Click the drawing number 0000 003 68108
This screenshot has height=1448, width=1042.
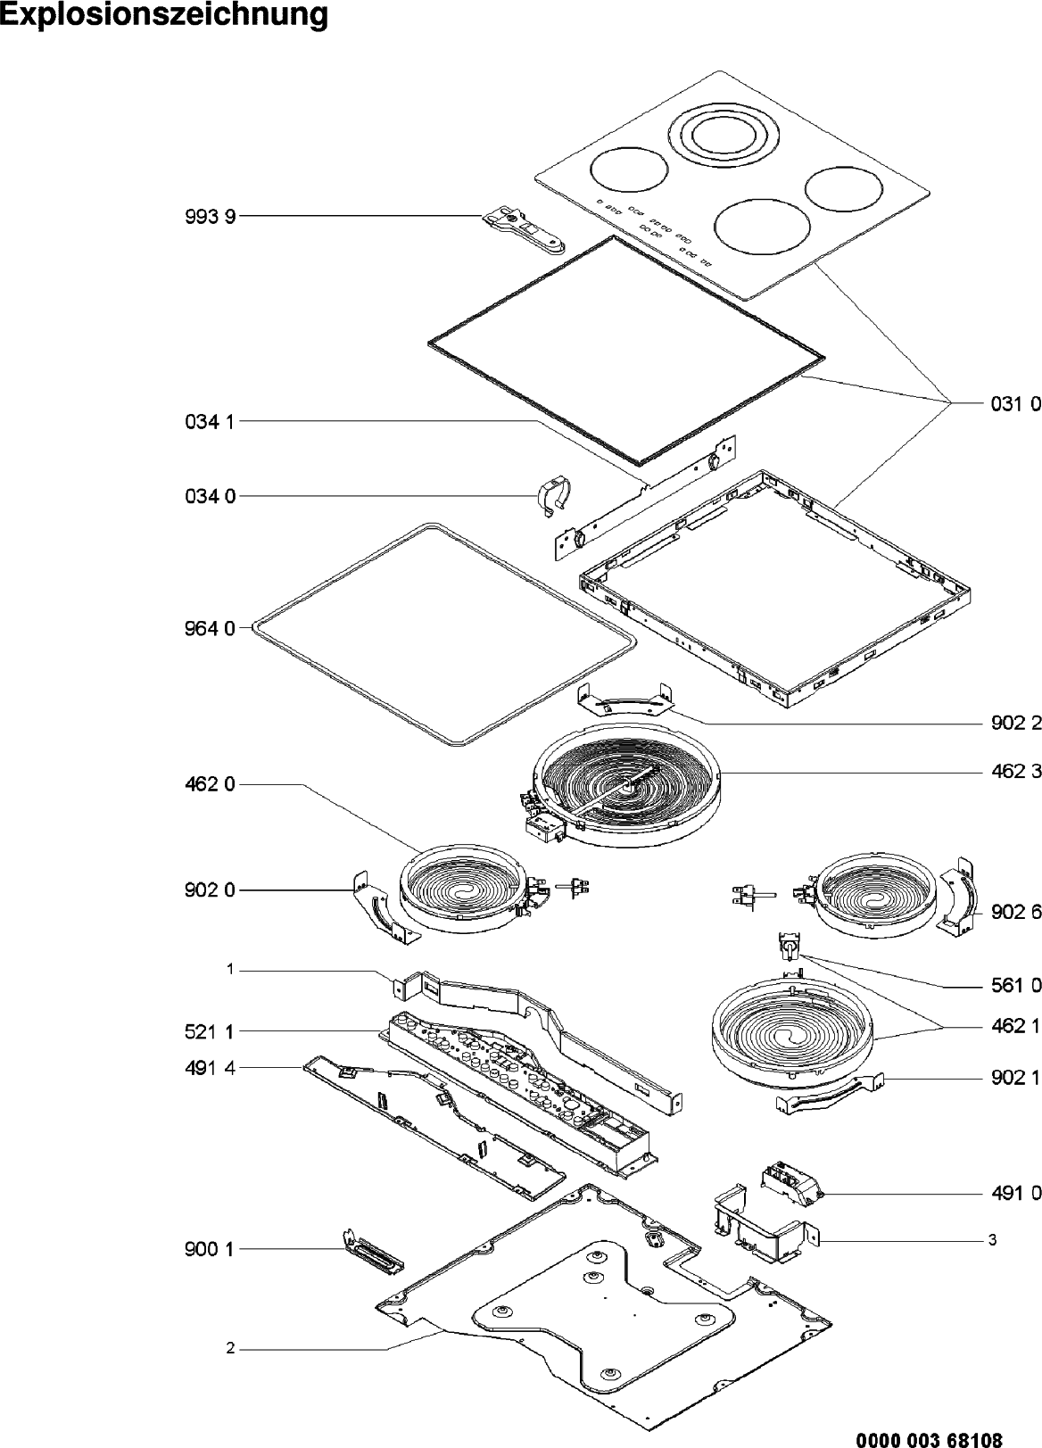point(929,1438)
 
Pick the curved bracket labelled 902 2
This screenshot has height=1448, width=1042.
point(624,700)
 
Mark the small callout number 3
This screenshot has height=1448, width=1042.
point(992,1240)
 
